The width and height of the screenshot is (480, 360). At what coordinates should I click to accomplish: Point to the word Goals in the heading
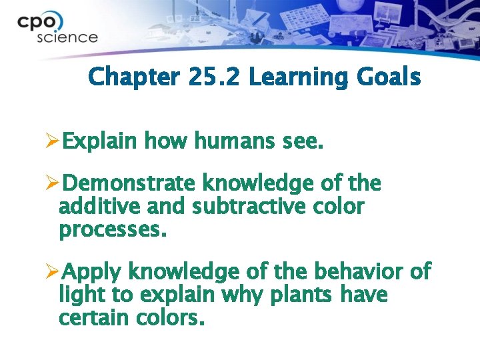[387, 77]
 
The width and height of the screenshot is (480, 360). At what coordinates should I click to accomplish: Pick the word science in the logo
[67, 37]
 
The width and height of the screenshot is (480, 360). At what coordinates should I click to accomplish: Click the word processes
[111, 231]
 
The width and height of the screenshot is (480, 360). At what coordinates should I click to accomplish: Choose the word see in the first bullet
[303, 141]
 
